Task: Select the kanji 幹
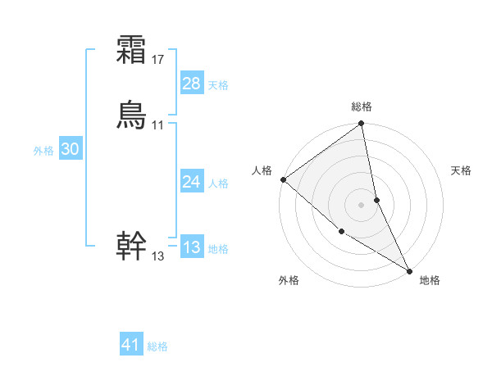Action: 131,247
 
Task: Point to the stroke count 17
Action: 158,59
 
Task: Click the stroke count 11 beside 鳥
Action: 158,125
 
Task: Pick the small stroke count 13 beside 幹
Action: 158,256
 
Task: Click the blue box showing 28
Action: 192,84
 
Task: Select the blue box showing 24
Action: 192,182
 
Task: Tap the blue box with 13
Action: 192,247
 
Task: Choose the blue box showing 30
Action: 71,149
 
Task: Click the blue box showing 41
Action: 131,345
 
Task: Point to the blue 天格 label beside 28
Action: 218,84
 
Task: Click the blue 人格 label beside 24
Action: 218,183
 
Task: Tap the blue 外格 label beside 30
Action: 43,150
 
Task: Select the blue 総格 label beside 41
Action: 157,346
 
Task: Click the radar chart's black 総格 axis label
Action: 362,106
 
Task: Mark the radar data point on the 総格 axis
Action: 362,125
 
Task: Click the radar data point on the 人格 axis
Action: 283,179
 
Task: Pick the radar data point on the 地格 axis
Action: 409,270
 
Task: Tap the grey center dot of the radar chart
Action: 362,205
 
